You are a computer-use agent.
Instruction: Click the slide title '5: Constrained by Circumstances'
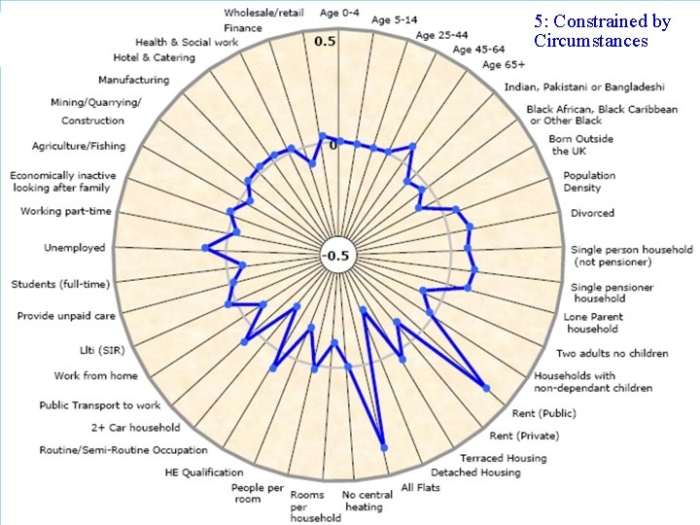click(x=602, y=31)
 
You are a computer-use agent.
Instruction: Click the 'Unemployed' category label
click(x=74, y=248)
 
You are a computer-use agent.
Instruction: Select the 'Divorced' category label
click(x=592, y=213)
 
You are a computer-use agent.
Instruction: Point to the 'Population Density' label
click(x=589, y=182)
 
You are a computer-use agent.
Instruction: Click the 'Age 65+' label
click(x=504, y=65)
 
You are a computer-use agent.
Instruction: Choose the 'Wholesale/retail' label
click(x=262, y=13)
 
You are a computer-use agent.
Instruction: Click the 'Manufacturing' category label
click(x=133, y=80)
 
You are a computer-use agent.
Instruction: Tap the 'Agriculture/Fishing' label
click(x=79, y=146)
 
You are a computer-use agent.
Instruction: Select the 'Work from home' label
click(x=95, y=375)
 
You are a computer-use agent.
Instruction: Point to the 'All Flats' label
click(x=421, y=486)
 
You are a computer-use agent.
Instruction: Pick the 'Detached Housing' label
click(x=475, y=472)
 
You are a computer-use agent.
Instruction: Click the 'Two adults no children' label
click(x=612, y=353)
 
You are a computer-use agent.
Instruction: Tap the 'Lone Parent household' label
click(x=593, y=323)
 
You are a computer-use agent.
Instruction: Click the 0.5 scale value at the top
click(x=325, y=42)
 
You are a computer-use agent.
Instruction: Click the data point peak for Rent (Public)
click(x=487, y=389)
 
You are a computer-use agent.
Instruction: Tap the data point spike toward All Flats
click(x=385, y=447)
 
